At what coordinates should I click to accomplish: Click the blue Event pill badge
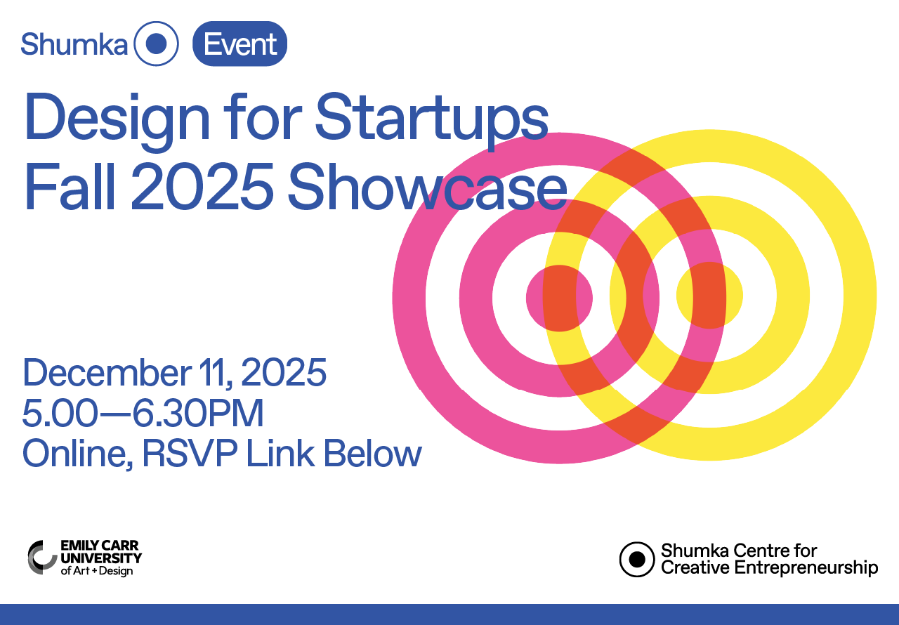239,44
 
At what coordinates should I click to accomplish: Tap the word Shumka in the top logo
74,44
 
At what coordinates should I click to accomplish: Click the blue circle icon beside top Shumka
156,44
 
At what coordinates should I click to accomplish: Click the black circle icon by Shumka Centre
636,559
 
